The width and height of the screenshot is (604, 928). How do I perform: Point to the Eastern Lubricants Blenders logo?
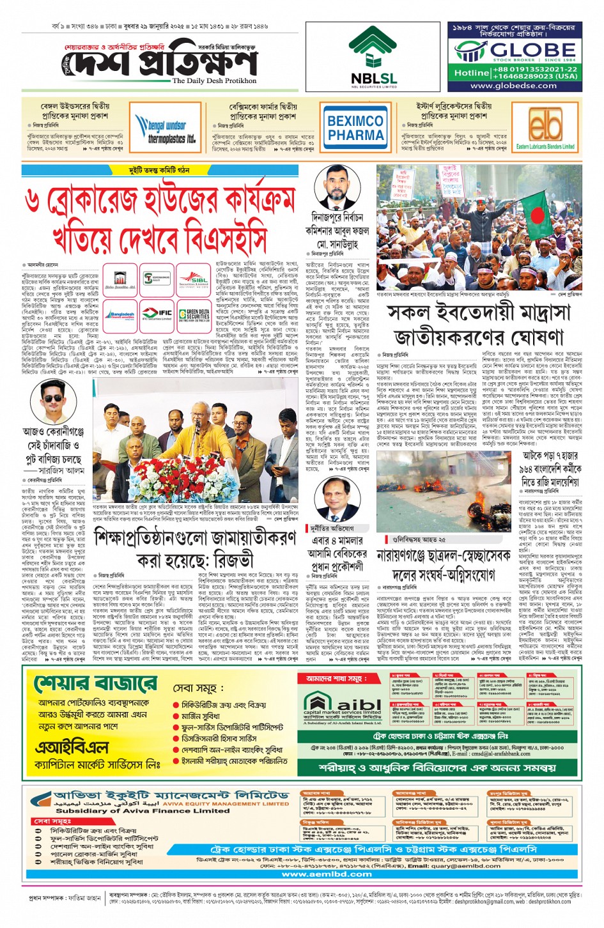click(545, 127)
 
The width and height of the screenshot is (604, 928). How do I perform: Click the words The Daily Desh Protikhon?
click(214, 81)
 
